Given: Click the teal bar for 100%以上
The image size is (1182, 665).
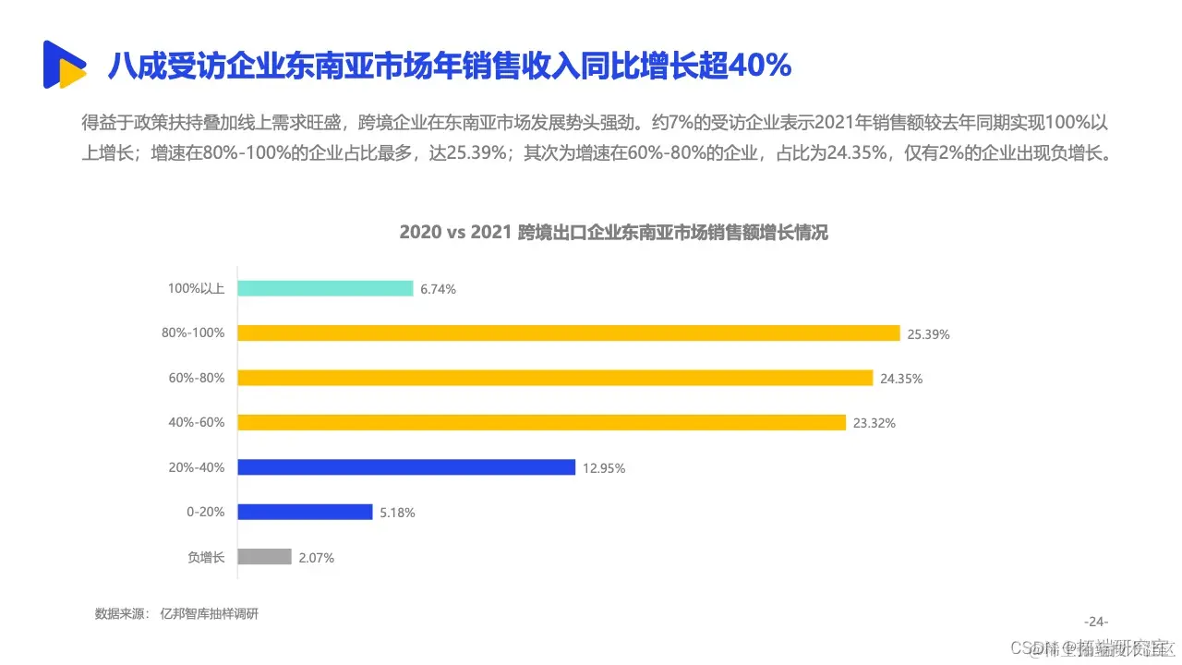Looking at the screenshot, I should click(x=325, y=288).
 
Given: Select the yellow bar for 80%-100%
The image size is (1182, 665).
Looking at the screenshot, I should click(x=568, y=333).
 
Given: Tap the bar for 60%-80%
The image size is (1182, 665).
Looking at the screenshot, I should click(x=555, y=378).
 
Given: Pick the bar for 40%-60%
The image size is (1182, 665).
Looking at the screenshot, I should click(x=541, y=422).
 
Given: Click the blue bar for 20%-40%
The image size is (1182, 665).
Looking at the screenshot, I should click(x=406, y=467).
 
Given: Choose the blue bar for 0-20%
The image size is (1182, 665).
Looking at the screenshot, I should click(x=305, y=512).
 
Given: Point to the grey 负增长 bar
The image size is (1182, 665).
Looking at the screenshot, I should click(x=264, y=557).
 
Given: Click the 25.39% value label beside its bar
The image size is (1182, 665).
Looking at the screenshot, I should click(x=928, y=334).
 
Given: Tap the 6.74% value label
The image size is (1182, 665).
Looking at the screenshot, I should click(x=438, y=289).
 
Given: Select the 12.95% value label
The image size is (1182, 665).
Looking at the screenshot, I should click(x=604, y=468).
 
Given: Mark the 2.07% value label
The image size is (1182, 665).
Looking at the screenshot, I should click(x=316, y=558).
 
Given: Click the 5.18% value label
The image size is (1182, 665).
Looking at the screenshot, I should click(x=397, y=513).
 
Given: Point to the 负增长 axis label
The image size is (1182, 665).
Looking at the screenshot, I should click(x=206, y=557).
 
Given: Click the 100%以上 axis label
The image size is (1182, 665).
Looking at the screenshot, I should click(x=196, y=288).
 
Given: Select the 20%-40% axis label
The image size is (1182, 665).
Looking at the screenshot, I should click(x=196, y=467).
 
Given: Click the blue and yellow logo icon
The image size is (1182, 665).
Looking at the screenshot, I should click(x=64, y=65).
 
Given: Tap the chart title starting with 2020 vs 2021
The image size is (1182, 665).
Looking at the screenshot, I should click(x=613, y=233).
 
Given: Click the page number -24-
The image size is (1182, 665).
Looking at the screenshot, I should click(x=1096, y=621).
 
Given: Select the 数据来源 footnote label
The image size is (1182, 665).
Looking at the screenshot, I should click(x=122, y=613).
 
